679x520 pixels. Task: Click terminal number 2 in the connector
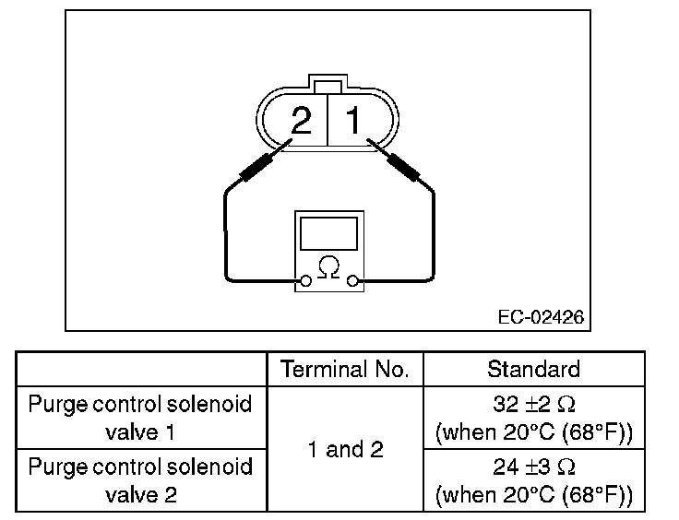coord(301,121)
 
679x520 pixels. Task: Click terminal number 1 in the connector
coord(353,121)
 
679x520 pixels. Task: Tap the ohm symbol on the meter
coord(328,268)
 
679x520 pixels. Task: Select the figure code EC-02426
coord(540,316)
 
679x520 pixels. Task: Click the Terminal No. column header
coord(344,370)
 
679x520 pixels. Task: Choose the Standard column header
coord(533,370)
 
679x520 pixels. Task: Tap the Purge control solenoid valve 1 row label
coord(139,418)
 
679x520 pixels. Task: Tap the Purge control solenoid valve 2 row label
coord(139,480)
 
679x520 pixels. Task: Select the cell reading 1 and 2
coord(344,449)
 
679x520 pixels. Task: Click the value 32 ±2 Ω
coord(533,405)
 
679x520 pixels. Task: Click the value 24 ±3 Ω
coord(533,467)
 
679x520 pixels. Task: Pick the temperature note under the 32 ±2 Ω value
coord(533,431)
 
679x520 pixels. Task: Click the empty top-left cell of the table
coord(139,370)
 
